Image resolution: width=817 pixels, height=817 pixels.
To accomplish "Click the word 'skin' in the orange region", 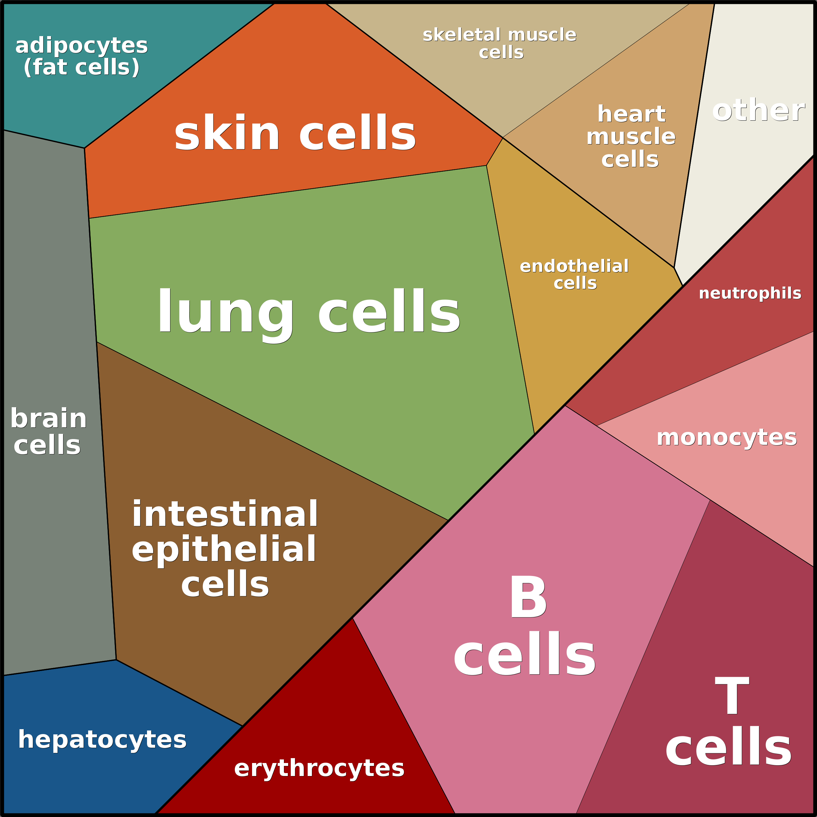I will pos(227,134).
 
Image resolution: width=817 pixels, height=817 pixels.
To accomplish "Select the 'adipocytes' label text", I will pos(81,46).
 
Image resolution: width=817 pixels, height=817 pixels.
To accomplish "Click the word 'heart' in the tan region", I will pos(631,114).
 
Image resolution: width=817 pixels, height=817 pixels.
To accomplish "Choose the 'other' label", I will pos(758,110).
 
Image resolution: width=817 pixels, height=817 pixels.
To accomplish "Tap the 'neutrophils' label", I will pos(750,293).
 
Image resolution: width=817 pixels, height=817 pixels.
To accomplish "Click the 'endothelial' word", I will pos(574,266).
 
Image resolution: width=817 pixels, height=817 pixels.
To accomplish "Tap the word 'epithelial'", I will pos(224,549).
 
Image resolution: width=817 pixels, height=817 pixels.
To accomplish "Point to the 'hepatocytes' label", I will pos(102,740).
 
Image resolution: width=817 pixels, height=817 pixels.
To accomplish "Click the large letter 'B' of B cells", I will pos(528,597).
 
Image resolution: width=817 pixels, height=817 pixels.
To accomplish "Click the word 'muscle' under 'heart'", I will pos(631,137).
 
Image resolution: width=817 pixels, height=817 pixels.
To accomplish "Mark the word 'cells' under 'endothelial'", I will pos(575,283).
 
